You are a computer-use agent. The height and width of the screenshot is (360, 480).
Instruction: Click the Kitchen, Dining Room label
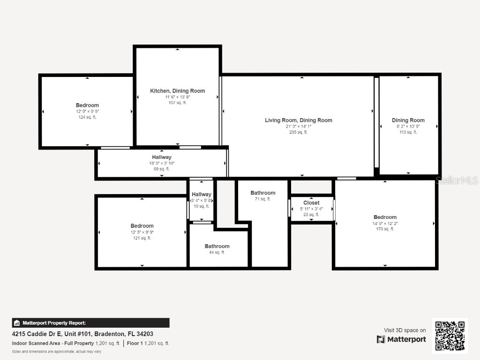[x=177, y=91]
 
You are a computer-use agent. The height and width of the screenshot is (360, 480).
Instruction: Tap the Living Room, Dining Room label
[x=299, y=120]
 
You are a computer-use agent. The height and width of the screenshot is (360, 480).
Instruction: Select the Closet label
[x=311, y=203]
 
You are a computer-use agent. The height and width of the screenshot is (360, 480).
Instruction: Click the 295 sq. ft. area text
[x=299, y=132]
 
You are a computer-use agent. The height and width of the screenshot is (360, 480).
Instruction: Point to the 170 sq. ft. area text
[x=385, y=229]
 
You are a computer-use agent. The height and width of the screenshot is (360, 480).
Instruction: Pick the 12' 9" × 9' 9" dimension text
[x=87, y=112]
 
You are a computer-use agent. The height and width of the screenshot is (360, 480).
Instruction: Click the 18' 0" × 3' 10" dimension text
[x=162, y=163]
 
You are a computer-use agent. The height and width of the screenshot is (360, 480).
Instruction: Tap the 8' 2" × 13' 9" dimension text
[x=408, y=127]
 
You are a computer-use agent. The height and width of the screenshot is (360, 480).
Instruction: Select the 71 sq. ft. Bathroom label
[x=263, y=193]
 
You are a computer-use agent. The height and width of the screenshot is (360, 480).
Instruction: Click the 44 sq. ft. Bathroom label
[x=217, y=247]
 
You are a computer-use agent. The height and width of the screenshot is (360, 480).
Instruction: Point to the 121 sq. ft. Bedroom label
[x=142, y=226]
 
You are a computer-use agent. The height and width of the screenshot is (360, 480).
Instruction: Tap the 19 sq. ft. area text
[x=202, y=206]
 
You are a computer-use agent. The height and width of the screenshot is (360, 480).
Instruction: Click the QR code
[x=450, y=335]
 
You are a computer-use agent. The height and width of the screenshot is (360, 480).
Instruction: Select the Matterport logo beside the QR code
[x=401, y=339]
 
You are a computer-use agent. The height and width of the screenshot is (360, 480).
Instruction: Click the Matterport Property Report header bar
[x=90, y=323]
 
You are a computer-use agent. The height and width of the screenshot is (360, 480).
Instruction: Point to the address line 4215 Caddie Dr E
[x=82, y=334]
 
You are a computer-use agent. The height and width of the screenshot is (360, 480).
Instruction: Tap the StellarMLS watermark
[x=457, y=180]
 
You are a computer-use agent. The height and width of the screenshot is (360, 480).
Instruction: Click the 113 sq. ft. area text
[x=408, y=132]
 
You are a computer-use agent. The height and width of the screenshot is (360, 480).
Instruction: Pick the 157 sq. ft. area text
[x=177, y=103]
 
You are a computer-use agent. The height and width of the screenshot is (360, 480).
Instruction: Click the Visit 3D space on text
[x=405, y=330]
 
